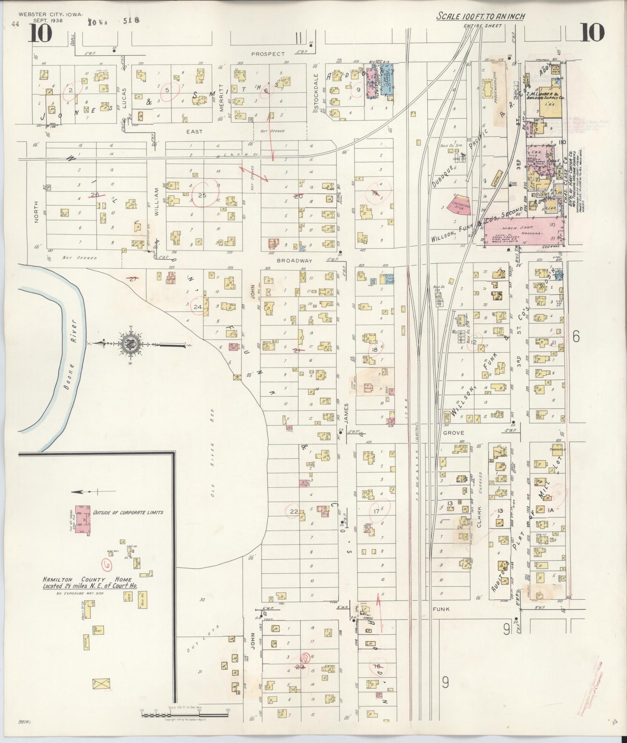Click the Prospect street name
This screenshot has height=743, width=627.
pyautogui.click(x=267, y=54)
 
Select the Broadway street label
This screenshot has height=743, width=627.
pyautogui.click(x=294, y=261)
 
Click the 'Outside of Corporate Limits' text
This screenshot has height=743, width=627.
pyautogui.click(x=128, y=512)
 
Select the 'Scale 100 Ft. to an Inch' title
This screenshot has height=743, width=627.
pyautogui.click(x=480, y=16)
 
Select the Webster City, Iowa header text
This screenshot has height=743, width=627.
pyautogui.click(x=51, y=14)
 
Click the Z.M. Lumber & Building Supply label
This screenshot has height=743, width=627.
pyautogui.click(x=544, y=96)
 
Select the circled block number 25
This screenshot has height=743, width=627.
pyautogui.click(x=202, y=195)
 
